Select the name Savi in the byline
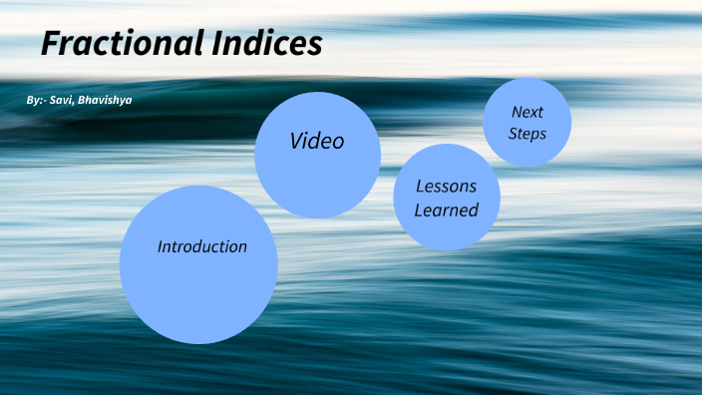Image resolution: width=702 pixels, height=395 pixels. coord(68,101)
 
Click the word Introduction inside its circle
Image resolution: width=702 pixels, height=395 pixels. coord(202,246)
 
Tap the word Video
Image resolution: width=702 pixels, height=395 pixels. coord(317,142)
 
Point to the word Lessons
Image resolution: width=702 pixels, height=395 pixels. coord(446,187)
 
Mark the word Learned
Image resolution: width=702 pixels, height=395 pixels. coord(447,209)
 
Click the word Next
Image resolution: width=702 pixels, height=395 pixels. coord(527,112)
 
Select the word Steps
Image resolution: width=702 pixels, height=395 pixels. coord(527,133)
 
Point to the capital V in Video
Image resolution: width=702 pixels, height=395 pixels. coord(297,142)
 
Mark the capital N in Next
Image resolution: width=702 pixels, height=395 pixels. coord(517,112)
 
